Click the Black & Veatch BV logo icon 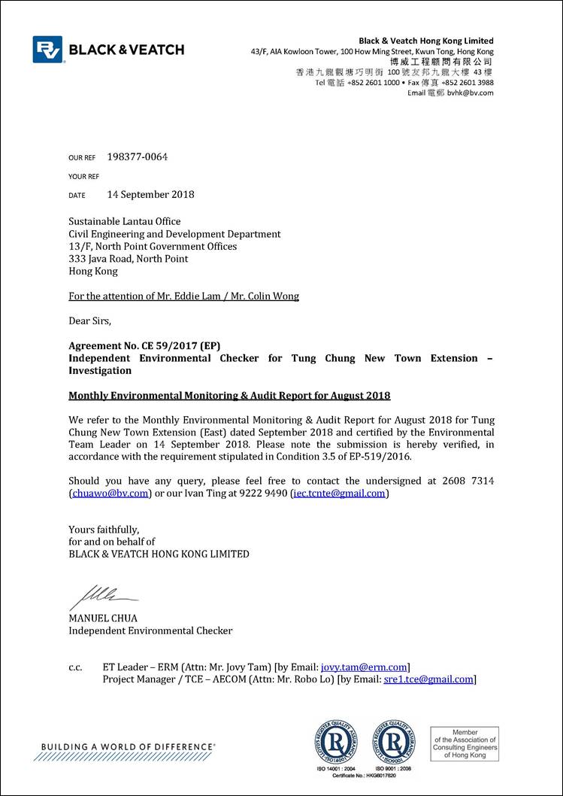[48, 50]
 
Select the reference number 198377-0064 [138, 157]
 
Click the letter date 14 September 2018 [150, 194]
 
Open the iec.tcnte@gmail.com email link [339, 494]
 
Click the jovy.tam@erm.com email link [364, 667]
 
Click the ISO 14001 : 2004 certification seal [335, 741]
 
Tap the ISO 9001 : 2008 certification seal [393, 741]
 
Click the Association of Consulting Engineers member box [464, 743]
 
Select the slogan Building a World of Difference [128, 746]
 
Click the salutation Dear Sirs [89, 321]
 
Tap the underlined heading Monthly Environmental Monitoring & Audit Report [229, 396]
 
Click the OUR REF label [82, 158]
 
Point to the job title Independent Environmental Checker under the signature [150, 630]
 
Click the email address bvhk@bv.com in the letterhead [471, 93]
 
